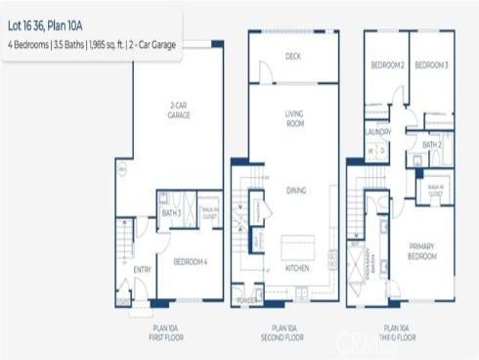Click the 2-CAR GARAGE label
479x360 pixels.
(177, 112)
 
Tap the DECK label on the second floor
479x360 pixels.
(292, 56)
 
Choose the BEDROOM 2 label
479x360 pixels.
(387, 66)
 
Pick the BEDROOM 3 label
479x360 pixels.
(431, 66)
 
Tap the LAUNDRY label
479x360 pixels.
(378, 131)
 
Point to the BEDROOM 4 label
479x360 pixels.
(190, 261)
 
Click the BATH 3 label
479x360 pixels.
(172, 212)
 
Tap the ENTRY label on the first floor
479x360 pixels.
(143, 269)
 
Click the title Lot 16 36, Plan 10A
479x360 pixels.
(49, 27)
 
